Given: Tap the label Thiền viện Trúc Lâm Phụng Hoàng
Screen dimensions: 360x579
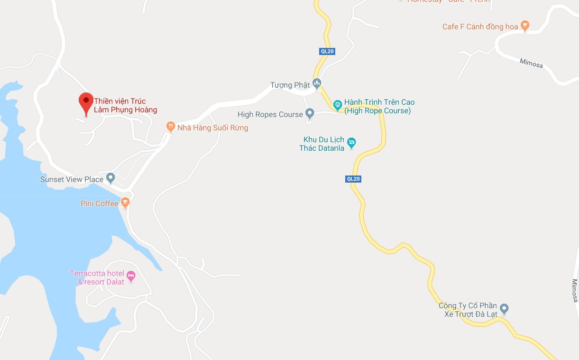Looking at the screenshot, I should (x=125, y=105).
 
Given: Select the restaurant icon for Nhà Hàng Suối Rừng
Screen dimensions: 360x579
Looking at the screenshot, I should (x=171, y=127).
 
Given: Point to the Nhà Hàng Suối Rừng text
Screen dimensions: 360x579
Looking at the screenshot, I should (x=212, y=128).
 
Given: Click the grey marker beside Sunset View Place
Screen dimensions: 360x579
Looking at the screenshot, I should (x=111, y=178).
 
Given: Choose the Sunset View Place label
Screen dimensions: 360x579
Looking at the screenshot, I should (x=72, y=179).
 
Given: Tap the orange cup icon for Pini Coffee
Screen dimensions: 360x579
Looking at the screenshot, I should (x=125, y=203).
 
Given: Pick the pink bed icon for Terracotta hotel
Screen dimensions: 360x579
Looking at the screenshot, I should (x=131, y=275).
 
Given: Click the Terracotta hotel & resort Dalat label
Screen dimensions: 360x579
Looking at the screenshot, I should (x=97, y=277).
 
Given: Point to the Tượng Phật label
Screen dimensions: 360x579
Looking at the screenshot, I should (x=290, y=85).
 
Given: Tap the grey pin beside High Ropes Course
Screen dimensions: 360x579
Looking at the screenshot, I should (x=310, y=113).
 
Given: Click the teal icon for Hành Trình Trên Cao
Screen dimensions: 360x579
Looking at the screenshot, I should (x=337, y=104).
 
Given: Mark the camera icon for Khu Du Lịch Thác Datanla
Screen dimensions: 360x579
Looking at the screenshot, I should (x=351, y=142).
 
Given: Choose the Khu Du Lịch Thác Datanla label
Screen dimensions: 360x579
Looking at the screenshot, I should (x=322, y=144).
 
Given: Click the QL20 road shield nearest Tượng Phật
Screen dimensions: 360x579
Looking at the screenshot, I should (x=327, y=51).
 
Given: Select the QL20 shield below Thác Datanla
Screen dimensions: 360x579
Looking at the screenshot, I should (x=354, y=179).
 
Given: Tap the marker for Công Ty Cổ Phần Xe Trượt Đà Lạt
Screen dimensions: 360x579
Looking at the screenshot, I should (x=504, y=309).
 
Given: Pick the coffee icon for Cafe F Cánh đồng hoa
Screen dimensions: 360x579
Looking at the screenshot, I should (x=524, y=26).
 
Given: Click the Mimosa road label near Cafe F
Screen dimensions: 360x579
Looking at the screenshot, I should (x=531, y=63).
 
